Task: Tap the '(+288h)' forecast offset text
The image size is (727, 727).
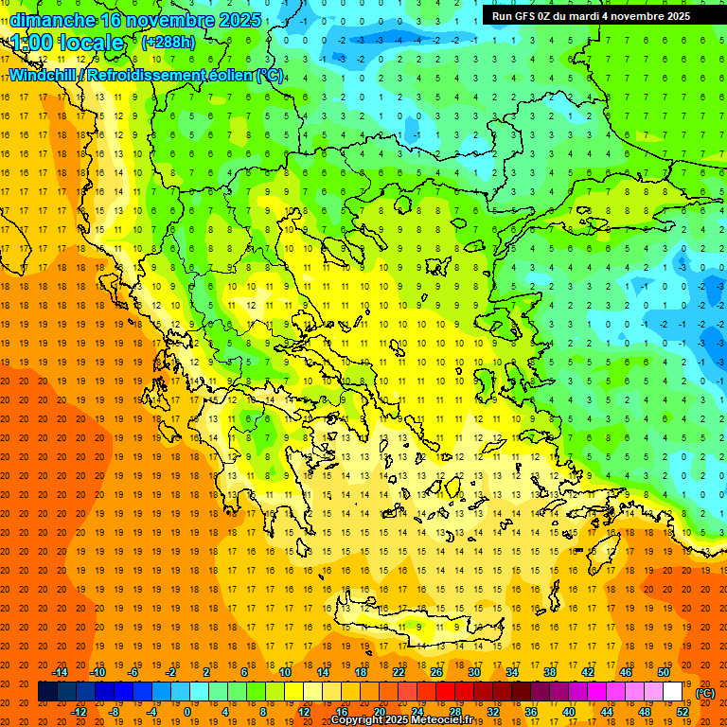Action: coord(168,43)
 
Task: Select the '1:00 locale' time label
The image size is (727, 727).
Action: coord(68,44)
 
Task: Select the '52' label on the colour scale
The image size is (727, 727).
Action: coord(683,712)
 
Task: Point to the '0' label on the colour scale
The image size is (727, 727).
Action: coord(187,712)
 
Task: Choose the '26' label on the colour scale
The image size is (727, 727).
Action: coord(436,672)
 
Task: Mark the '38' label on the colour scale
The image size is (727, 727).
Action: coord(550,672)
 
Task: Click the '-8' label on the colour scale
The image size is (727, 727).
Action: coord(115,712)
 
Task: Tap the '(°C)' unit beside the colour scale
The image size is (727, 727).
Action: coord(705,693)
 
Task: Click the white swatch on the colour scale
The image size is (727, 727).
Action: coord(673,692)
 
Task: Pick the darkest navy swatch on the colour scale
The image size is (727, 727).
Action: coord(47,692)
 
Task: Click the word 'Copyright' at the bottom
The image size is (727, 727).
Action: coord(358,720)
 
